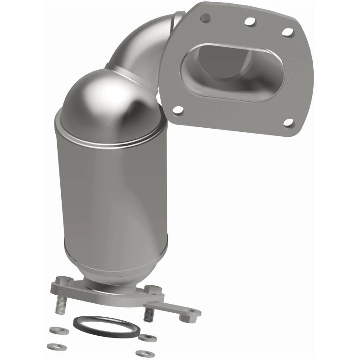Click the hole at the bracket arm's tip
tap(194, 311)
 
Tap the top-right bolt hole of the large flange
tap(287, 32)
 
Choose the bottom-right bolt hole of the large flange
tap(288, 123)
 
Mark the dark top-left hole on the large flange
tap(205, 18)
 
